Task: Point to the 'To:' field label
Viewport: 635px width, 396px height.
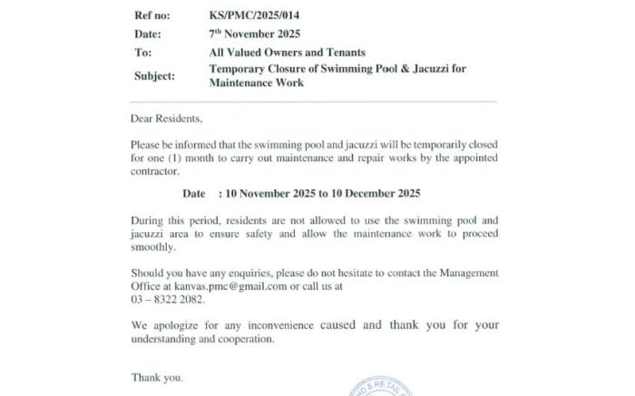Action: coord(142,53)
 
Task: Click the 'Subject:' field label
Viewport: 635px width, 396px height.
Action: coord(154,76)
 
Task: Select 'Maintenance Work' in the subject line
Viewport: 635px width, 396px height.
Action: coord(257,83)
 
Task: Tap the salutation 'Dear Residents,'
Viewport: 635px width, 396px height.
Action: coord(167,120)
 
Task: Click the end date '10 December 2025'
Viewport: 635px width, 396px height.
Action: coord(374,194)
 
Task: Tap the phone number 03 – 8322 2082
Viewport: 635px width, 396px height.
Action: coord(168,299)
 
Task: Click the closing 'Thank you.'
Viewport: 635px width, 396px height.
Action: coord(157,377)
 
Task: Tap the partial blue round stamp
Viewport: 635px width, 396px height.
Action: coord(379,387)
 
